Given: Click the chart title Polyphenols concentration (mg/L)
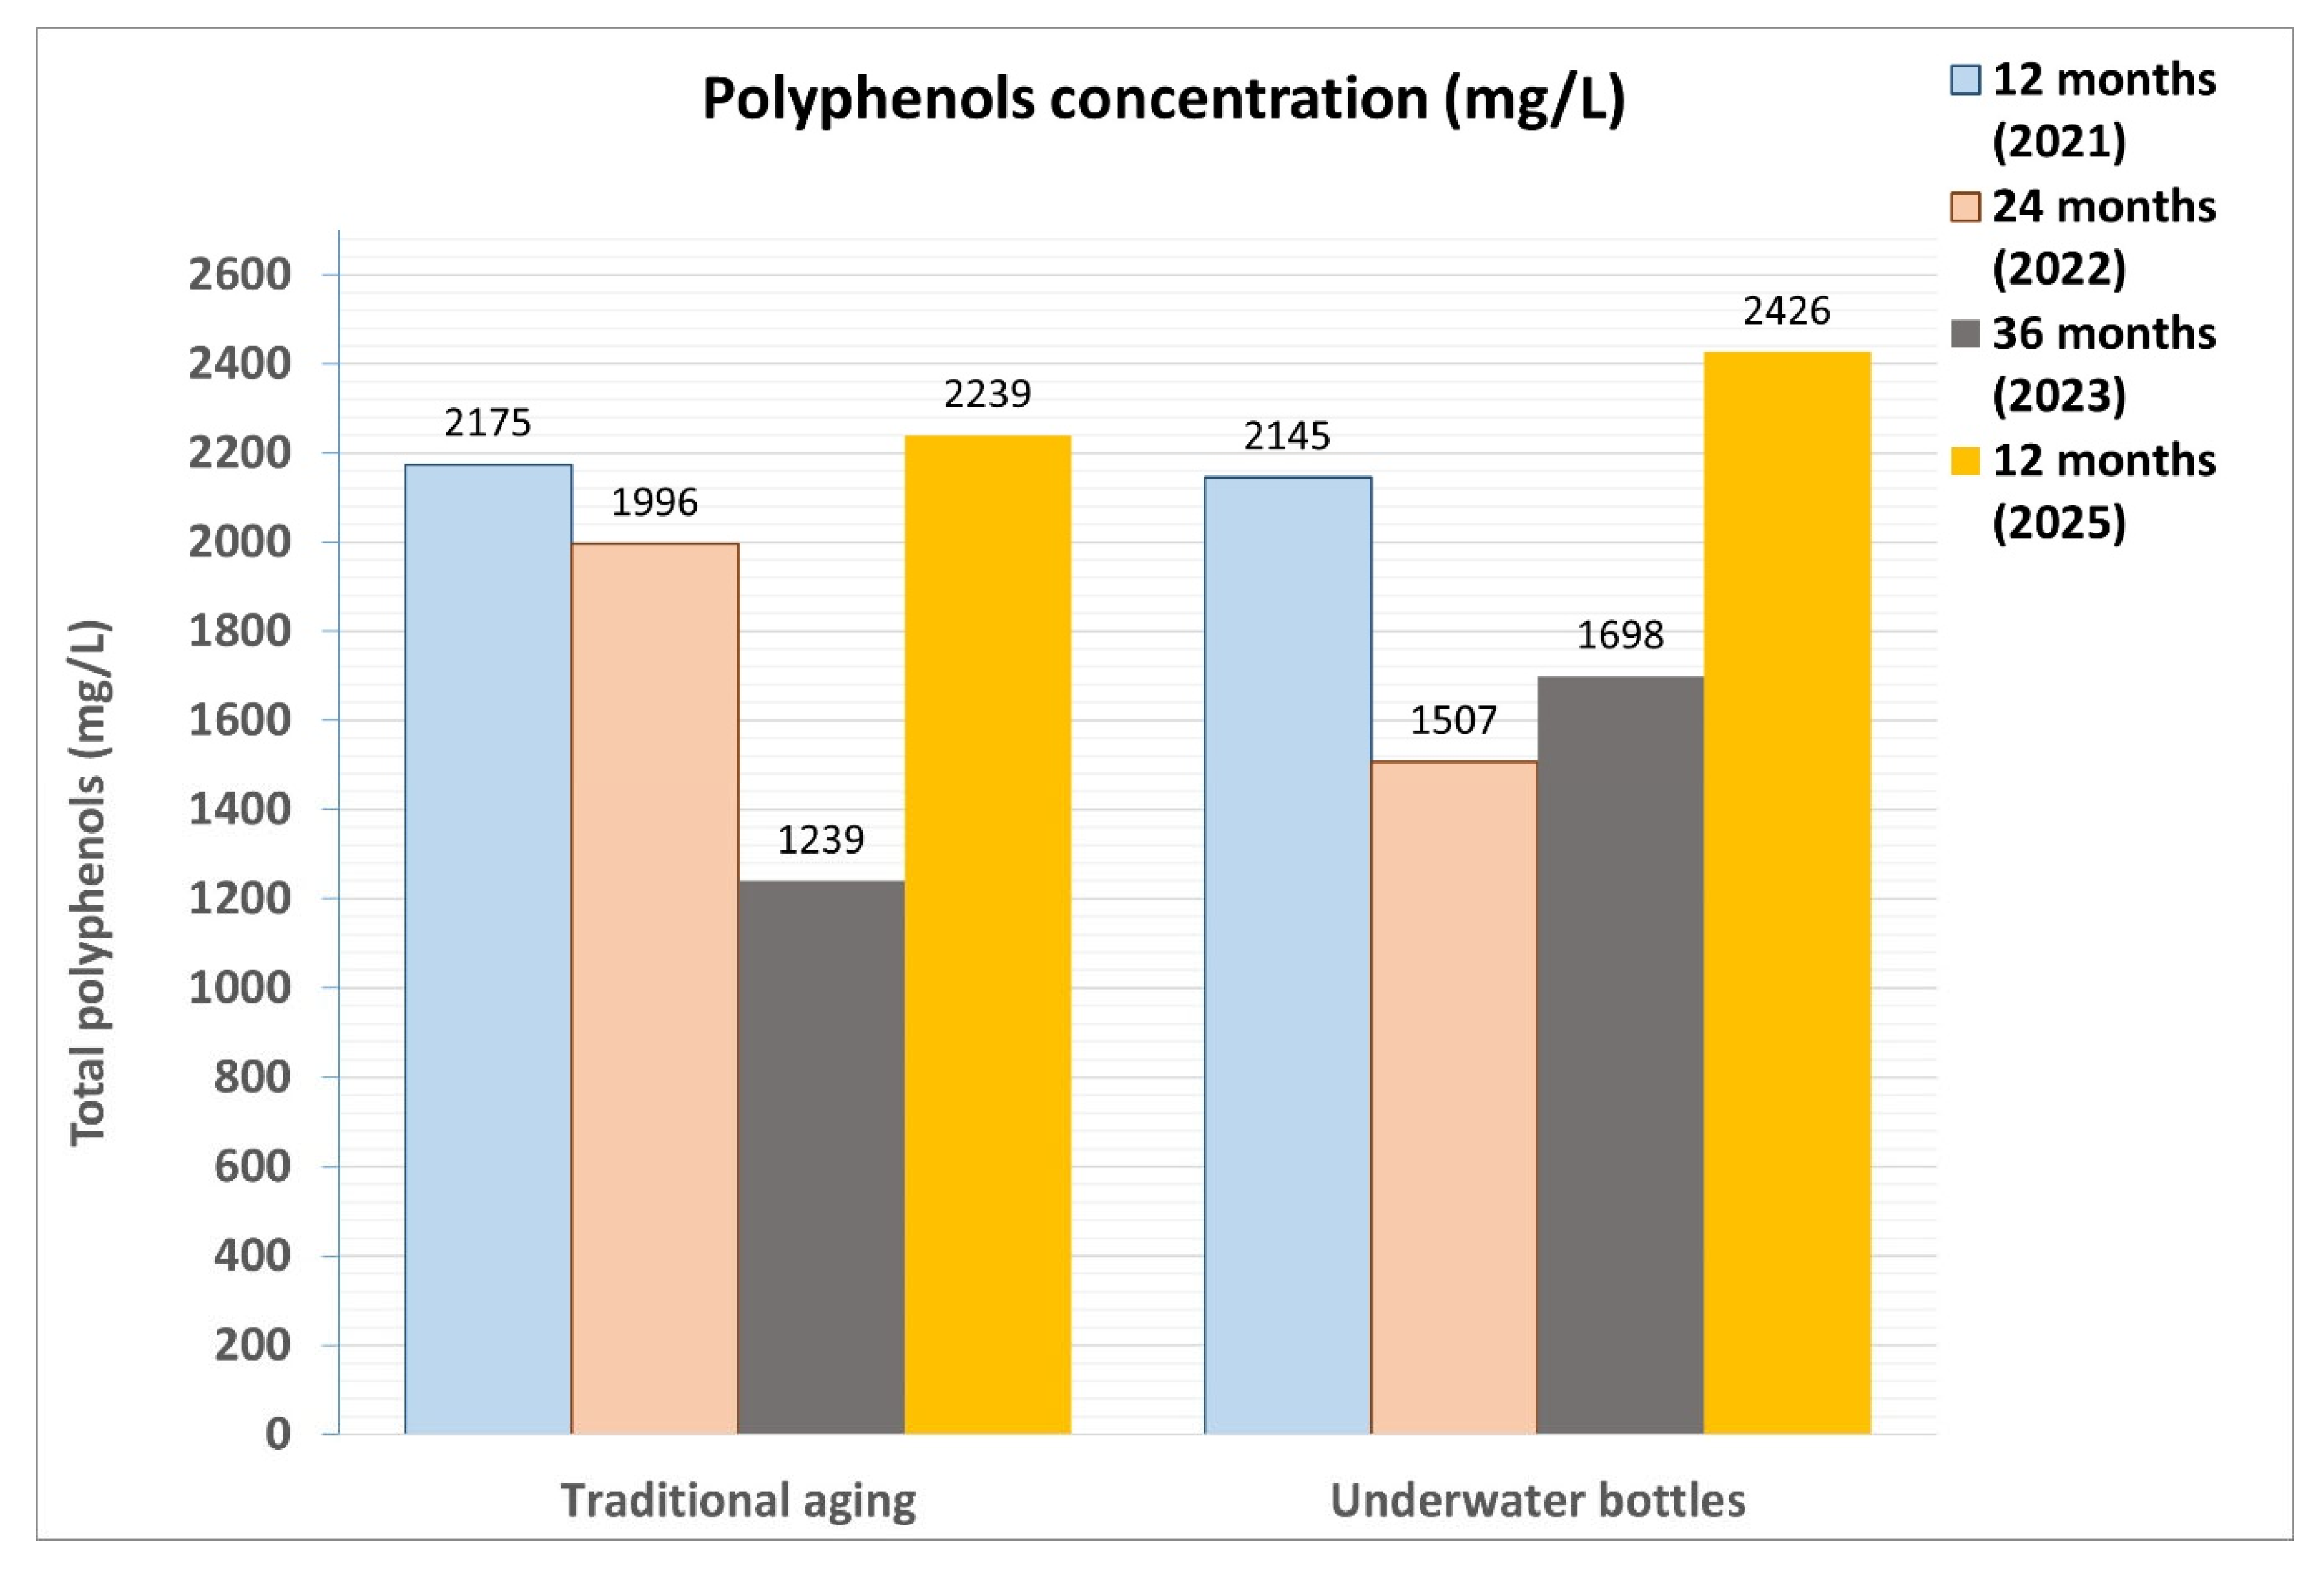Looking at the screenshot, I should (x=1163, y=99).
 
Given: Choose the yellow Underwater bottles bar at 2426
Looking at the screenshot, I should (x=1786, y=892).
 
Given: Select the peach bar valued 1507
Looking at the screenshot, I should (x=1453, y=1097).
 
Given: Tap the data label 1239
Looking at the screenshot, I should (x=821, y=839).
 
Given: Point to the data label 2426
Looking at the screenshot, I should (x=1786, y=312).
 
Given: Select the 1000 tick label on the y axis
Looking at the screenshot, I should (x=240, y=987).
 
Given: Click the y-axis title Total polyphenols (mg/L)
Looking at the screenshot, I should (x=90, y=883).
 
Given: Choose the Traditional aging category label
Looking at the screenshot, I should (x=738, y=1500).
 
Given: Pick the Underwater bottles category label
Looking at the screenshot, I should (x=1537, y=1500).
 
